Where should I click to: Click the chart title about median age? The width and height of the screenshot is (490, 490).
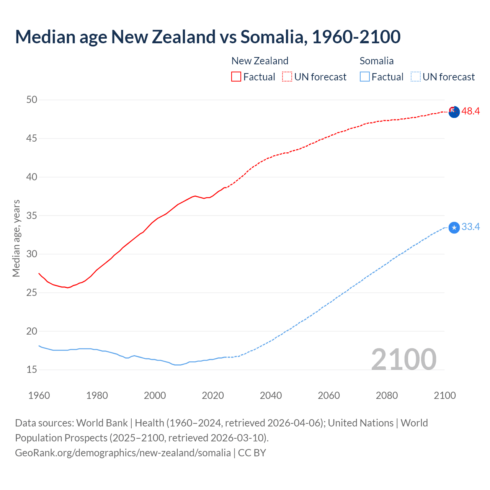(x=208, y=37)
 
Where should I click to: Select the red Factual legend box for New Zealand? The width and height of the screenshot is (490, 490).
(x=236, y=77)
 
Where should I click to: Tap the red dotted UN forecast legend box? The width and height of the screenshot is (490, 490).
(x=287, y=77)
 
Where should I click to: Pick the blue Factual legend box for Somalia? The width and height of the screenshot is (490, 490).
(x=365, y=77)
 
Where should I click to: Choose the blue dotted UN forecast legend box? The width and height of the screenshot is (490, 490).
(x=416, y=77)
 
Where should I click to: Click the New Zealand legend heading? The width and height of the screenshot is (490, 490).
(x=260, y=61)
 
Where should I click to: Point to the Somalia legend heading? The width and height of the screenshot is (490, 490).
(x=376, y=61)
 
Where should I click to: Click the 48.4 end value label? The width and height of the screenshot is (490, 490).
(x=470, y=111)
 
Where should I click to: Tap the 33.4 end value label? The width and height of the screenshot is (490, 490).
(x=470, y=227)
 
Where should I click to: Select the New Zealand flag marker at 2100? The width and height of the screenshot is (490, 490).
(x=454, y=112)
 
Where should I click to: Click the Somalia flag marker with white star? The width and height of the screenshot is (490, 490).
(x=454, y=228)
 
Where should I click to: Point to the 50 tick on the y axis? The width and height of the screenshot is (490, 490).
(x=32, y=100)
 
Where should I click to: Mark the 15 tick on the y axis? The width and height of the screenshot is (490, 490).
(x=32, y=370)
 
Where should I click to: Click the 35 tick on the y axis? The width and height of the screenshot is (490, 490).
(x=32, y=216)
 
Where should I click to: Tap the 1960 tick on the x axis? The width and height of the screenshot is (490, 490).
(x=39, y=395)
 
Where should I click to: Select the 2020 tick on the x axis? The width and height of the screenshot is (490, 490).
(x=213, y=395)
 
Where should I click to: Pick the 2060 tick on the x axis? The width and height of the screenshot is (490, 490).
(x=329, y=395)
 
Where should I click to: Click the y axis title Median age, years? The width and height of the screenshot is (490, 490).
(x=16, y=238)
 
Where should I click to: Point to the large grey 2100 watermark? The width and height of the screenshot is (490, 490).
(x=403, y=359)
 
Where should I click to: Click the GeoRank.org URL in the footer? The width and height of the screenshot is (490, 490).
(x=123, y=453)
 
